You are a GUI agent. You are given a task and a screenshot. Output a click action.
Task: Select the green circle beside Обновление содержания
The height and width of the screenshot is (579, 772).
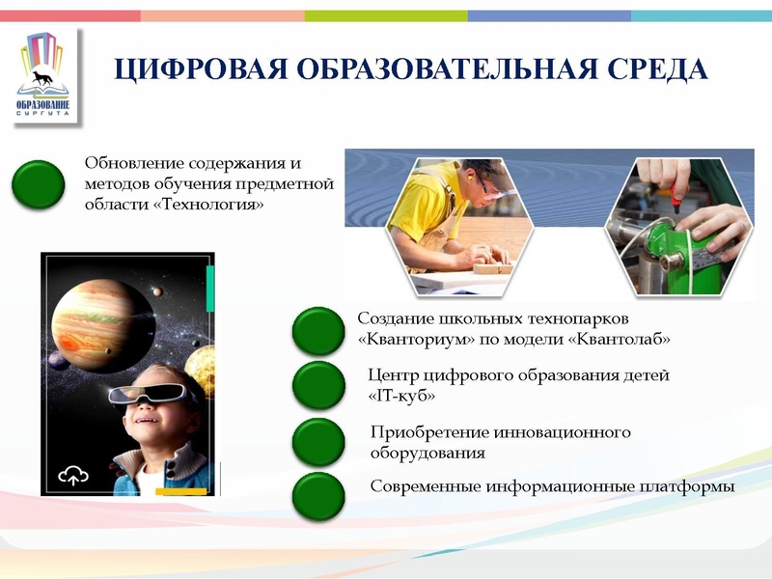tap(40, 185)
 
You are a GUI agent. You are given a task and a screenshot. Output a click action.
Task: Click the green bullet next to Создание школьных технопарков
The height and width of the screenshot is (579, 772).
tap(318, 331)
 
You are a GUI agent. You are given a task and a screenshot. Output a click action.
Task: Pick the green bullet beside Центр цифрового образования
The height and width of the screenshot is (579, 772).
tap(318, 385)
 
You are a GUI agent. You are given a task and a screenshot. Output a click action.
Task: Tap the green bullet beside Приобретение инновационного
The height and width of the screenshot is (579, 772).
tap(318, 441)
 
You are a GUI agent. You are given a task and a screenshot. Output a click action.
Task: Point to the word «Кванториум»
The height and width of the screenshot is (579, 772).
tap(410, 340)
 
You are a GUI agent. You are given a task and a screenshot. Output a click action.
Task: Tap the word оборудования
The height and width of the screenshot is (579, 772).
tap(427, 452)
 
